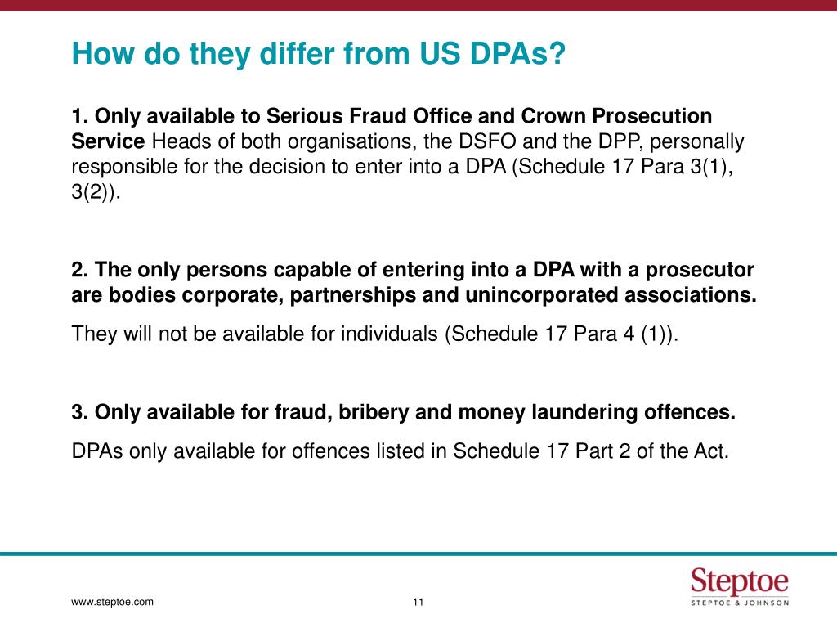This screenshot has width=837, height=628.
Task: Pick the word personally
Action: (x=700, y=141)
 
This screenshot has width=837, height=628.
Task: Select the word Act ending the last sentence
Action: (x=708, y=451)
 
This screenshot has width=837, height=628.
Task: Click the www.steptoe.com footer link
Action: (x=113, y=603)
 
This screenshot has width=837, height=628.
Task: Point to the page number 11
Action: (x=418, y=603)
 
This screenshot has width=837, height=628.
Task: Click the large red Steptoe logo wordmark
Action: (x=740, y=581)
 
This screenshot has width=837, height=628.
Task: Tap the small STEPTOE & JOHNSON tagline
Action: (x=740, y=603)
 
